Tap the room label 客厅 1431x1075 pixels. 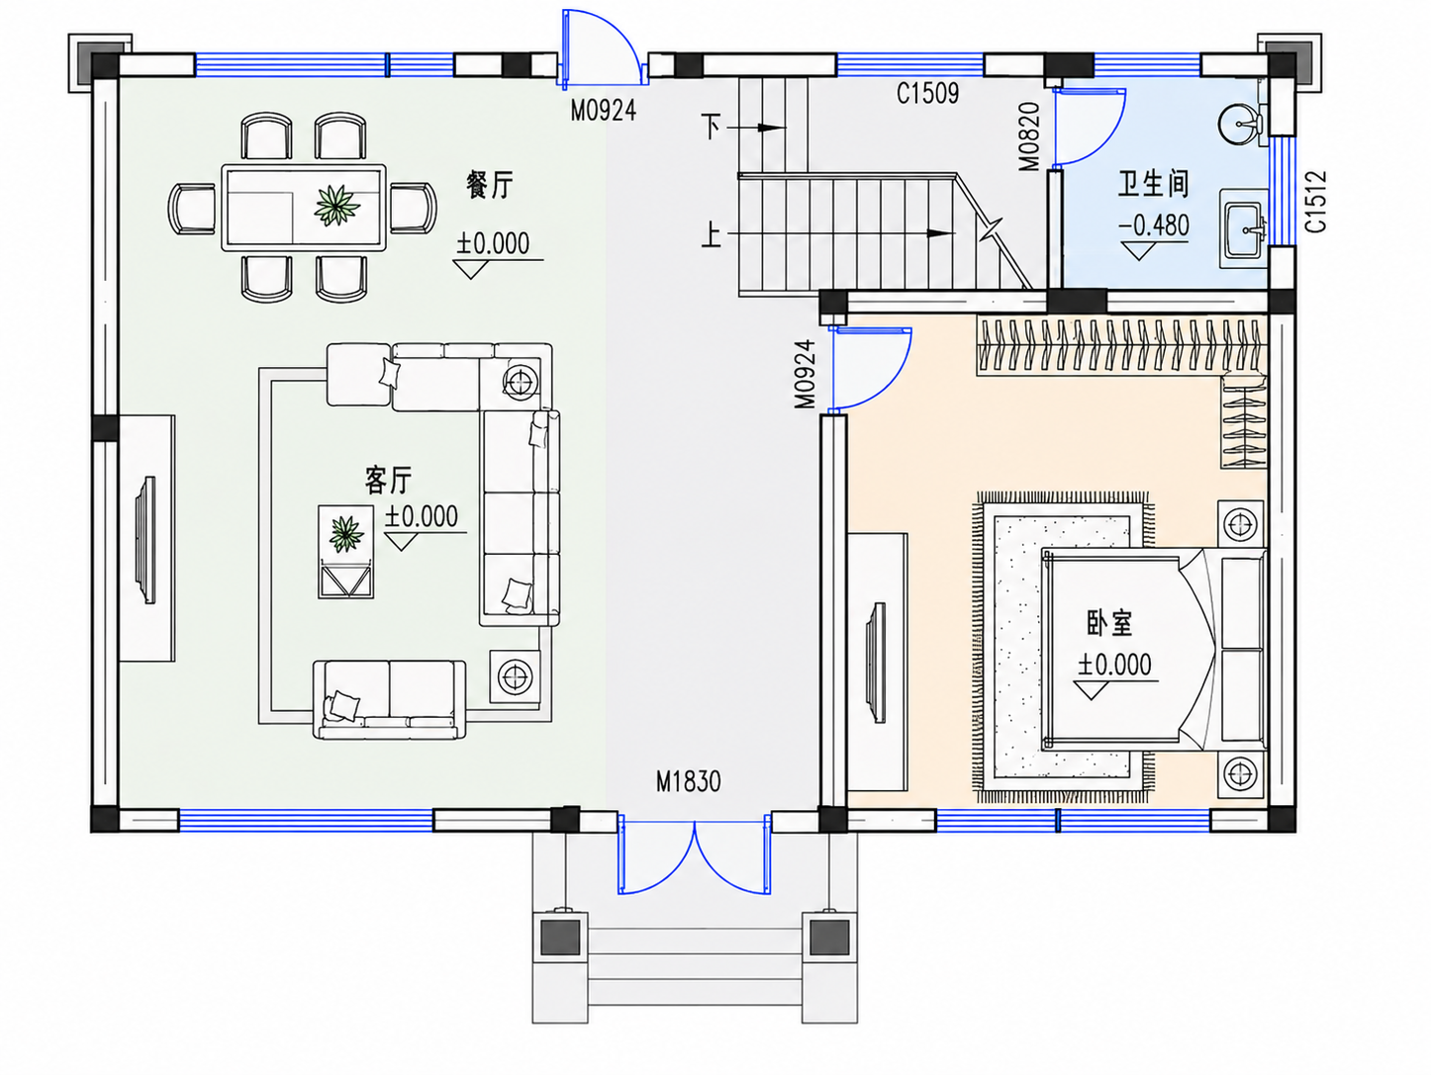click(x=389, y=481)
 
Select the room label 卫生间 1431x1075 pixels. click(x=1153, y=184)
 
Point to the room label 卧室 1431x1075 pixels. click(x=1109, y=623)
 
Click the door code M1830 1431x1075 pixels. click(x=688, y=782)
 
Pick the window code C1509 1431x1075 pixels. click(x=927, y=94)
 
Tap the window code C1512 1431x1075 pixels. click(x=1316, y=202)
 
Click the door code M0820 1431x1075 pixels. click(x=1029, y=136)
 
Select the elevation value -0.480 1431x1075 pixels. click(x=1154, y=225)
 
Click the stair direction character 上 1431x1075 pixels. click(x=712, y=234)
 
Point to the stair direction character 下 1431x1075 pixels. click(x=712, y=127)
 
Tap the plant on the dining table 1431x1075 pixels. click(x=336, y=205)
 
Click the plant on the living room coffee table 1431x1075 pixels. click(x=345, y=534)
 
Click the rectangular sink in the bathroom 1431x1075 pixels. click(x=1245, y=229)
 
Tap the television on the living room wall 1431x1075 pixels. click(x=145, y=540)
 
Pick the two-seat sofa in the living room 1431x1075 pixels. click(x=389, y=699)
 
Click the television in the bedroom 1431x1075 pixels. click(x=876, y=662)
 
